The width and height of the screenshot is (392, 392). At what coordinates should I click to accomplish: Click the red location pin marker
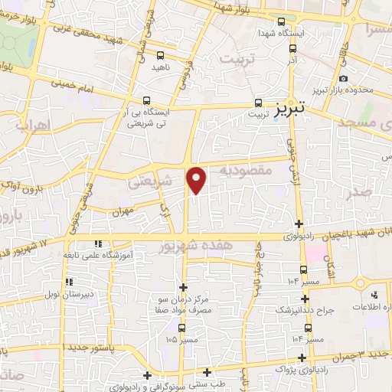(198, 180)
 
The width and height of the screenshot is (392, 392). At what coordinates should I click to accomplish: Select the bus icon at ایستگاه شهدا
(283, 22)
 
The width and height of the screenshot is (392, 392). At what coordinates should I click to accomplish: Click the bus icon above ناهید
(160, 55)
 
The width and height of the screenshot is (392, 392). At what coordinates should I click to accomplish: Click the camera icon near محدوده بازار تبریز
(343, 79)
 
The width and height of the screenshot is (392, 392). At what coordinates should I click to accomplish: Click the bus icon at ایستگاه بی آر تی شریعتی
(147, 100)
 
